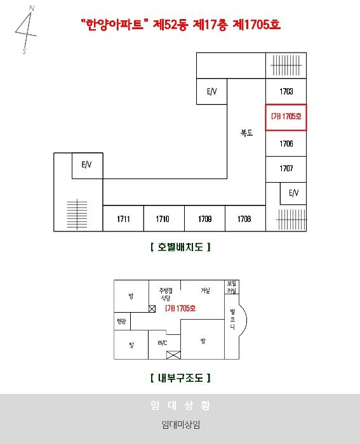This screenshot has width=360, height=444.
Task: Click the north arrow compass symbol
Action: (26, 30)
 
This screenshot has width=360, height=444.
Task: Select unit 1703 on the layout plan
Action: (286, 91)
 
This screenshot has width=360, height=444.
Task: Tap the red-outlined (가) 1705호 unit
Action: (286, 117)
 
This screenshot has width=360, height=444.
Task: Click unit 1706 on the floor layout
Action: (286, 143)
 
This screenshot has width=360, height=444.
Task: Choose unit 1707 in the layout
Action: (286, 169)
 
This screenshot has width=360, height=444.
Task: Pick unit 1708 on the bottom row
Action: (245, 219)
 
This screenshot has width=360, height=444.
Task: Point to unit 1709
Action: (204, 219)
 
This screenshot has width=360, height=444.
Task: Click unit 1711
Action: (123, 219)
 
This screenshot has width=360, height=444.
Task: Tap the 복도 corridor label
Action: (246, 133)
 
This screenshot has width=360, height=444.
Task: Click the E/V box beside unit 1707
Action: (293, 193)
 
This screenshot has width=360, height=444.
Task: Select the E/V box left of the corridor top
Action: (212, 91)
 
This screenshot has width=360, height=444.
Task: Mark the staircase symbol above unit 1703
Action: (286, 65)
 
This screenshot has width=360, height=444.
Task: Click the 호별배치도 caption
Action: (180, 247)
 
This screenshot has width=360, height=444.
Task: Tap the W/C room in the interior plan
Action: (163, 343)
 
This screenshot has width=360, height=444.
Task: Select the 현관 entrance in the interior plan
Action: (122, 321)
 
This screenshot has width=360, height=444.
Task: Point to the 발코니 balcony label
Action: (232, 320)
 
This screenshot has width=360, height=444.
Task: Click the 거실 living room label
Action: (205, 291)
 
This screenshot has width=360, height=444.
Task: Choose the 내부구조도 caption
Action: (180, 378)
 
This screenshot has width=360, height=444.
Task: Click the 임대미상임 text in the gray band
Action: (180, 424)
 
